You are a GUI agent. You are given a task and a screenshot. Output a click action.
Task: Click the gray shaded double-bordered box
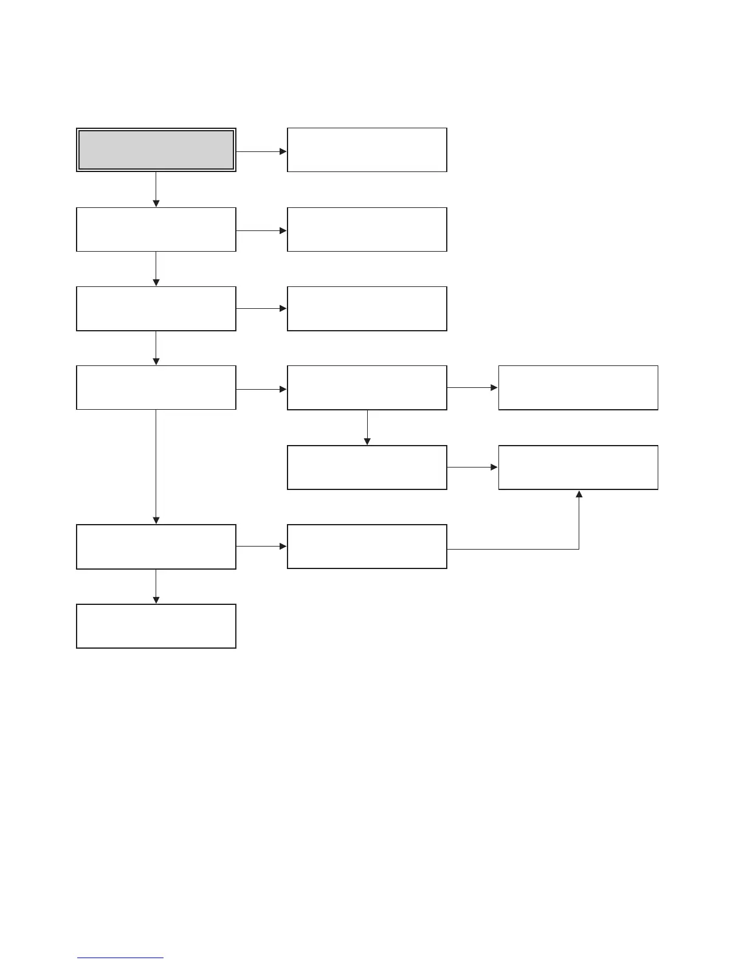(x=156, y=150)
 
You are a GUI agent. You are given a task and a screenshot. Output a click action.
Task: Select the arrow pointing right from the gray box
(x=261, y=151)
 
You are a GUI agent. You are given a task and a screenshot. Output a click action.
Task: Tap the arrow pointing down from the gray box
(x=156, y=190)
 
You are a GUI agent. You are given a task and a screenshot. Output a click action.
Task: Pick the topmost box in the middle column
(x=367, y=150)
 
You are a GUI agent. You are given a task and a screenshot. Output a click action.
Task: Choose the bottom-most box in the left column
(x=156, y=626)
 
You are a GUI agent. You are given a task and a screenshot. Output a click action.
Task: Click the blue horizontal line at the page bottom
(x=120, y=958)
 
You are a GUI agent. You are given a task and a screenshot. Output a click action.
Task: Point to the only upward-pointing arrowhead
(x=579, y=494)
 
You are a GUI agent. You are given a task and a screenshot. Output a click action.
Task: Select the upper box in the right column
(x=578, y=388)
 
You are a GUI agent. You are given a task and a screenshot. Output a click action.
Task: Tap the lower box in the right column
(x=578, y=468)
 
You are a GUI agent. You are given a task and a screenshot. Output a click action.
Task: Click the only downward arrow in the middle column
(x=367, y=427)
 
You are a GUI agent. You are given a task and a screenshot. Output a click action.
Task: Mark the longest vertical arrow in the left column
(x=156, y=466)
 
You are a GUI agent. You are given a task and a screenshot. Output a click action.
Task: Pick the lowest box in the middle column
(x=367, y=547)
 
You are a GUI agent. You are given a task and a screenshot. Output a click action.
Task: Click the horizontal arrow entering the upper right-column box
(x=472, y=388)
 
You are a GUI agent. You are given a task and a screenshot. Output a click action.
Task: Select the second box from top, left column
(x=156, y=229)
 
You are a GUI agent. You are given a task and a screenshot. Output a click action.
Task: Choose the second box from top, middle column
(x=367, y=229)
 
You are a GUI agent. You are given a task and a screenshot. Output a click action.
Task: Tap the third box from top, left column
(x=156, y=309)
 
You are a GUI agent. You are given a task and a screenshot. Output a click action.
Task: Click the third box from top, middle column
(x=367, y=309)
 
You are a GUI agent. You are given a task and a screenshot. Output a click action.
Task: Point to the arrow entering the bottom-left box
(x=156, y=587)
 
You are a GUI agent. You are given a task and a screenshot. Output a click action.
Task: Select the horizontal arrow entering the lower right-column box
(x=472, y=468)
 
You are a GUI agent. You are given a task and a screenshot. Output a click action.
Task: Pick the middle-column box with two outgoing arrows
(x=367, y=388)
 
